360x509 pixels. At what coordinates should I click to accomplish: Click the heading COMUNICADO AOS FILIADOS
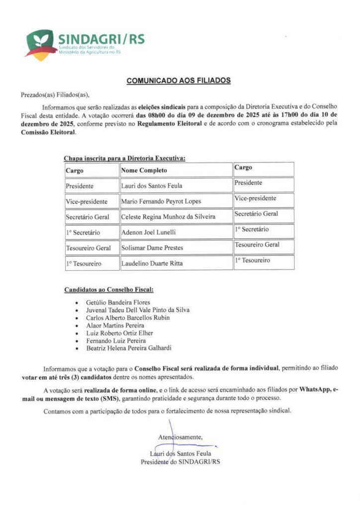click(x=179, y=80)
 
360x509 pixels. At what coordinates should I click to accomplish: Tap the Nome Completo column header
click(x=144, y=170)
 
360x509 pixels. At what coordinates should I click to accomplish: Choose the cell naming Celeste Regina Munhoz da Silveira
click(x=169, y=217)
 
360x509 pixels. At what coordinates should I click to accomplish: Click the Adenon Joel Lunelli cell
click(x=149, y=232)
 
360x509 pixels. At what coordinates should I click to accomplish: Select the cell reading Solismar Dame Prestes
click(x=152, y=248)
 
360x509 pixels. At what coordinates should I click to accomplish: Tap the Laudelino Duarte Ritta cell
click(x=152, y=263)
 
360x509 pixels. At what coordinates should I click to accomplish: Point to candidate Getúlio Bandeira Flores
click(x=118, y=302)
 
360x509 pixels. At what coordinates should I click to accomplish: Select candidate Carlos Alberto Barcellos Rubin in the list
click(x=128, y=318)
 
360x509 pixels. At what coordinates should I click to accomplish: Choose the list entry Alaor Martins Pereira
click(x=115, y=325)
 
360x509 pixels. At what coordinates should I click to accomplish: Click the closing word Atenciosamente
click(x=180, y=437)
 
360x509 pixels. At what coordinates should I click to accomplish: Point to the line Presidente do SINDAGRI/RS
click(x=180, y=462)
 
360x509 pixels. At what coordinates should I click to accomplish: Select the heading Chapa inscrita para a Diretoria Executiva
click(x=124, y=158)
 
